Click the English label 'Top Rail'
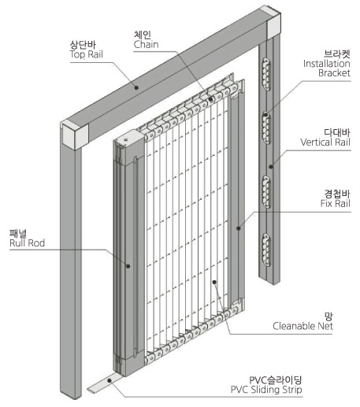[86, 54]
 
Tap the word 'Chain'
[146, 44]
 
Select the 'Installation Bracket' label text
[326, 68]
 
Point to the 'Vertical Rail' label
[325, 142]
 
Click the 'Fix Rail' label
[336, 203]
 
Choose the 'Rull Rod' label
[27, 242]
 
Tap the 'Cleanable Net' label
[302, 326]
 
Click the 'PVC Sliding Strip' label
[266, 390]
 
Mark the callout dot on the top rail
[136, 87]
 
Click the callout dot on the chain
[210, 99]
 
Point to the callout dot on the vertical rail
[271, 166]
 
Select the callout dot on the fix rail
[239, 228]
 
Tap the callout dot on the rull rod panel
[128, 266]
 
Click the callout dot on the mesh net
[214, 282]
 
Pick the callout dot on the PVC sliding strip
[109, 380]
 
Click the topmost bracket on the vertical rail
[266, 75]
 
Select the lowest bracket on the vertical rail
[266, 250]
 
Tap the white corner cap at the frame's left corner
[75, 136]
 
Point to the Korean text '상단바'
[83, 45]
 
